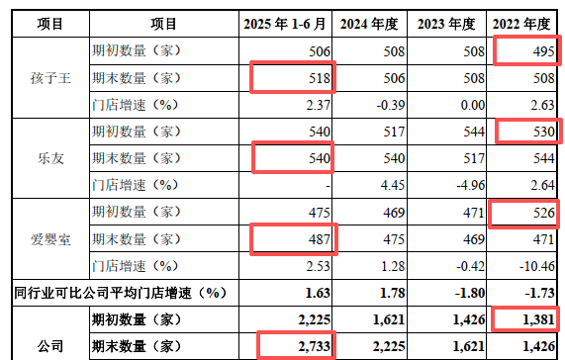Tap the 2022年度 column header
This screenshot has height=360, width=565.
pos(523,23)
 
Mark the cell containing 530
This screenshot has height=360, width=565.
pos(525,131)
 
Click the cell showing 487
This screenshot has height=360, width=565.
pos(294,238)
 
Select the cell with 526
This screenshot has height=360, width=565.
pos(525,212)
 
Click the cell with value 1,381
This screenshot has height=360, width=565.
pos(525,319)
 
